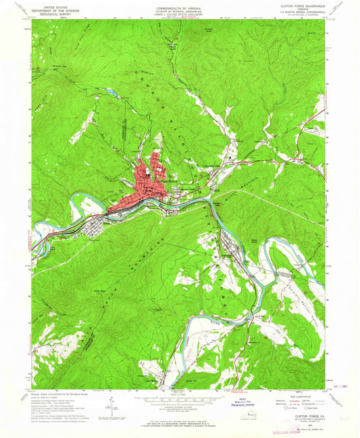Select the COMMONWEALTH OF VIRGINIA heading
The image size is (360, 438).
point(180,5)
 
